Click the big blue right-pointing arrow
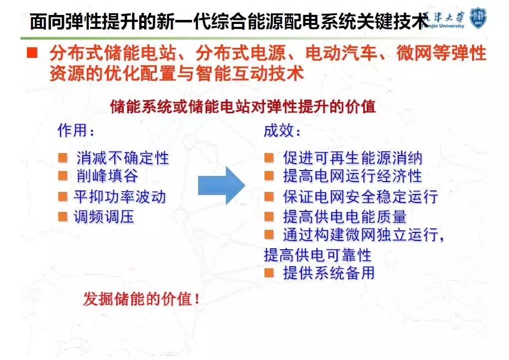222,185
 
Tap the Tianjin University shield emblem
478,18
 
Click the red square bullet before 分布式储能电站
32,52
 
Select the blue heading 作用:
76,131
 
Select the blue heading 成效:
282,131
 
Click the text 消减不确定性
123,158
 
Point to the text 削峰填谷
107,176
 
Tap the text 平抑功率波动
120,196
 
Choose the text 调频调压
104,217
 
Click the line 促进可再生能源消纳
352,158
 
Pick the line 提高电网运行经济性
352,176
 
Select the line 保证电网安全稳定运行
360,196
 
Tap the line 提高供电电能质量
345,217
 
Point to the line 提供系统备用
329,273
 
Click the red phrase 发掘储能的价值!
141,299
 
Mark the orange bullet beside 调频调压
63,217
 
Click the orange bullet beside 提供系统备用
269,273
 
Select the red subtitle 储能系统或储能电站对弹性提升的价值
243,107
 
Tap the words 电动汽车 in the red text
341,53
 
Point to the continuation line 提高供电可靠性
317,255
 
